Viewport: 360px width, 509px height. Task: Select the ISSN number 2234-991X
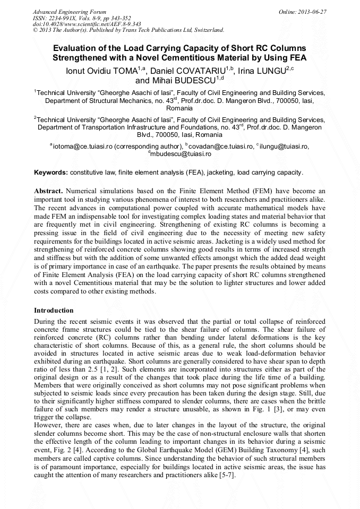pos(66,18)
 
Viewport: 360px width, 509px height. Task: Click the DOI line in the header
pos(87,24)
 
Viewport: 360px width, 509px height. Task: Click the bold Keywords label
pos(51,172)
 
